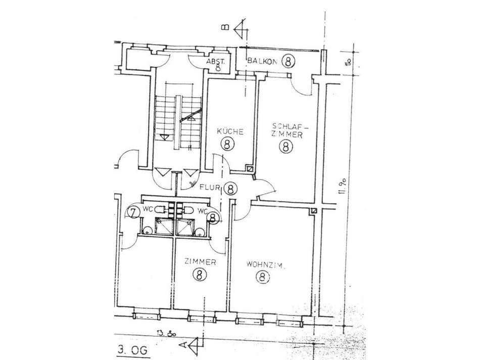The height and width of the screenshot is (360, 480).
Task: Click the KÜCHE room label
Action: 230,131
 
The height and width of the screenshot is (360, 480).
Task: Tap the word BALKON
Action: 261,61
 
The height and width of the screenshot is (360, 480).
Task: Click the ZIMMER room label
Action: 200,262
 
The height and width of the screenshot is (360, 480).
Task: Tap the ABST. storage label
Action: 218,61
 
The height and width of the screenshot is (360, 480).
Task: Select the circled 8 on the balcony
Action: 288,61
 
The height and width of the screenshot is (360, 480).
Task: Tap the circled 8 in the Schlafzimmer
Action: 286,147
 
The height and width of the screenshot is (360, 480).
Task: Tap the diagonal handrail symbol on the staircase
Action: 190,116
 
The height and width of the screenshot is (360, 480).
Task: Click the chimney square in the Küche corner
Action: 249,169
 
